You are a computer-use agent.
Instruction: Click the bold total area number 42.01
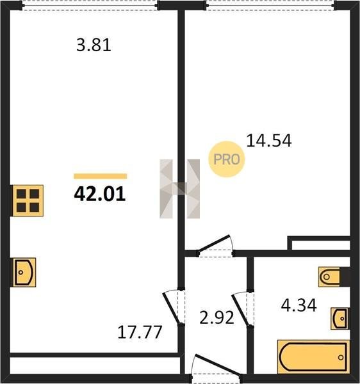[x=100, y=194]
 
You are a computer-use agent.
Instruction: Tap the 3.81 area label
[x=94, y=45]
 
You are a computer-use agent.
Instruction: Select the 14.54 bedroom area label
[x=269, y=141]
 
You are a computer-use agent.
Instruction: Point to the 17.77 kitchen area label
[x=140, y=332]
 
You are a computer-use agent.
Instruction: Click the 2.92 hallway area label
[x=217, y=318]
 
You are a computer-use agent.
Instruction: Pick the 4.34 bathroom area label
[x=299, y=306]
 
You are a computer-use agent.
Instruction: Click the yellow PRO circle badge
[x=226, y=159]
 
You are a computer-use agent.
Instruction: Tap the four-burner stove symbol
[x=28, y=201]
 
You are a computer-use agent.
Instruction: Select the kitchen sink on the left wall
[x=24, y=273]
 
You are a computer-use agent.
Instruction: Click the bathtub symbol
[x=313, y=357]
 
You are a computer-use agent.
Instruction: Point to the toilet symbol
[x=329, y=277]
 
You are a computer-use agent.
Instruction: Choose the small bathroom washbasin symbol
[x=340, y=319]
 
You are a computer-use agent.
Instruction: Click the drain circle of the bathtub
[x=341, y=357]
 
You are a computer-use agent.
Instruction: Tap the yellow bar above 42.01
[x=100, y=177]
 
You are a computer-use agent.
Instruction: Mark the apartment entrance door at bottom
[x=217, y=365]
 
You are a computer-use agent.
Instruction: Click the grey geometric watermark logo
[x=179, y=189]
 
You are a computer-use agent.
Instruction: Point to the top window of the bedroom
[x=270, y=5]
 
